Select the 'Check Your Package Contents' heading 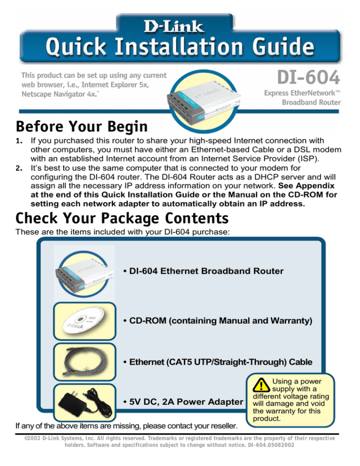click(122, 218)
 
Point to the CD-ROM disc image click(84, 321)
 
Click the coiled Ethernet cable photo click(84, 362)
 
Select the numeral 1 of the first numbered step click(19, 140)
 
